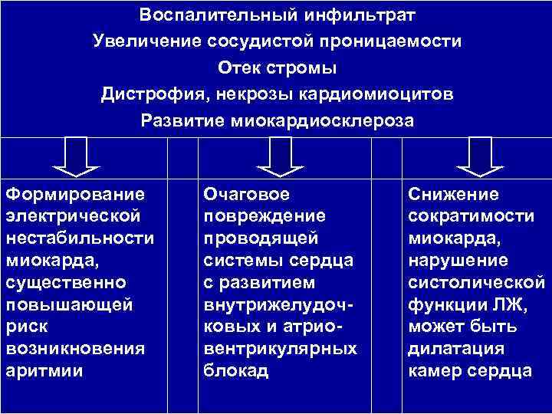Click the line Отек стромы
tap(277, 67)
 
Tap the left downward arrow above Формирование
tap(74, 157)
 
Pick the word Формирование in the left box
tap(74, 194)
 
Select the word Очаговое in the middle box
tap(246, 194)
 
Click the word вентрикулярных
tap(280, 349)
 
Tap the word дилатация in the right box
tap(456, 349)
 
